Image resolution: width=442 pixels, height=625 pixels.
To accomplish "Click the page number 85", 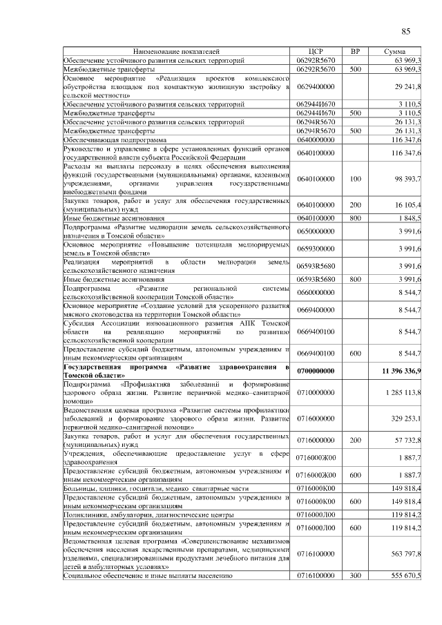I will coord(405,30).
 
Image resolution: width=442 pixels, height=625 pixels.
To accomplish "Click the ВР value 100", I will coord(356,179).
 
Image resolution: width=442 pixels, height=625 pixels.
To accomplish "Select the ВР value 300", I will coord(356,575).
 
